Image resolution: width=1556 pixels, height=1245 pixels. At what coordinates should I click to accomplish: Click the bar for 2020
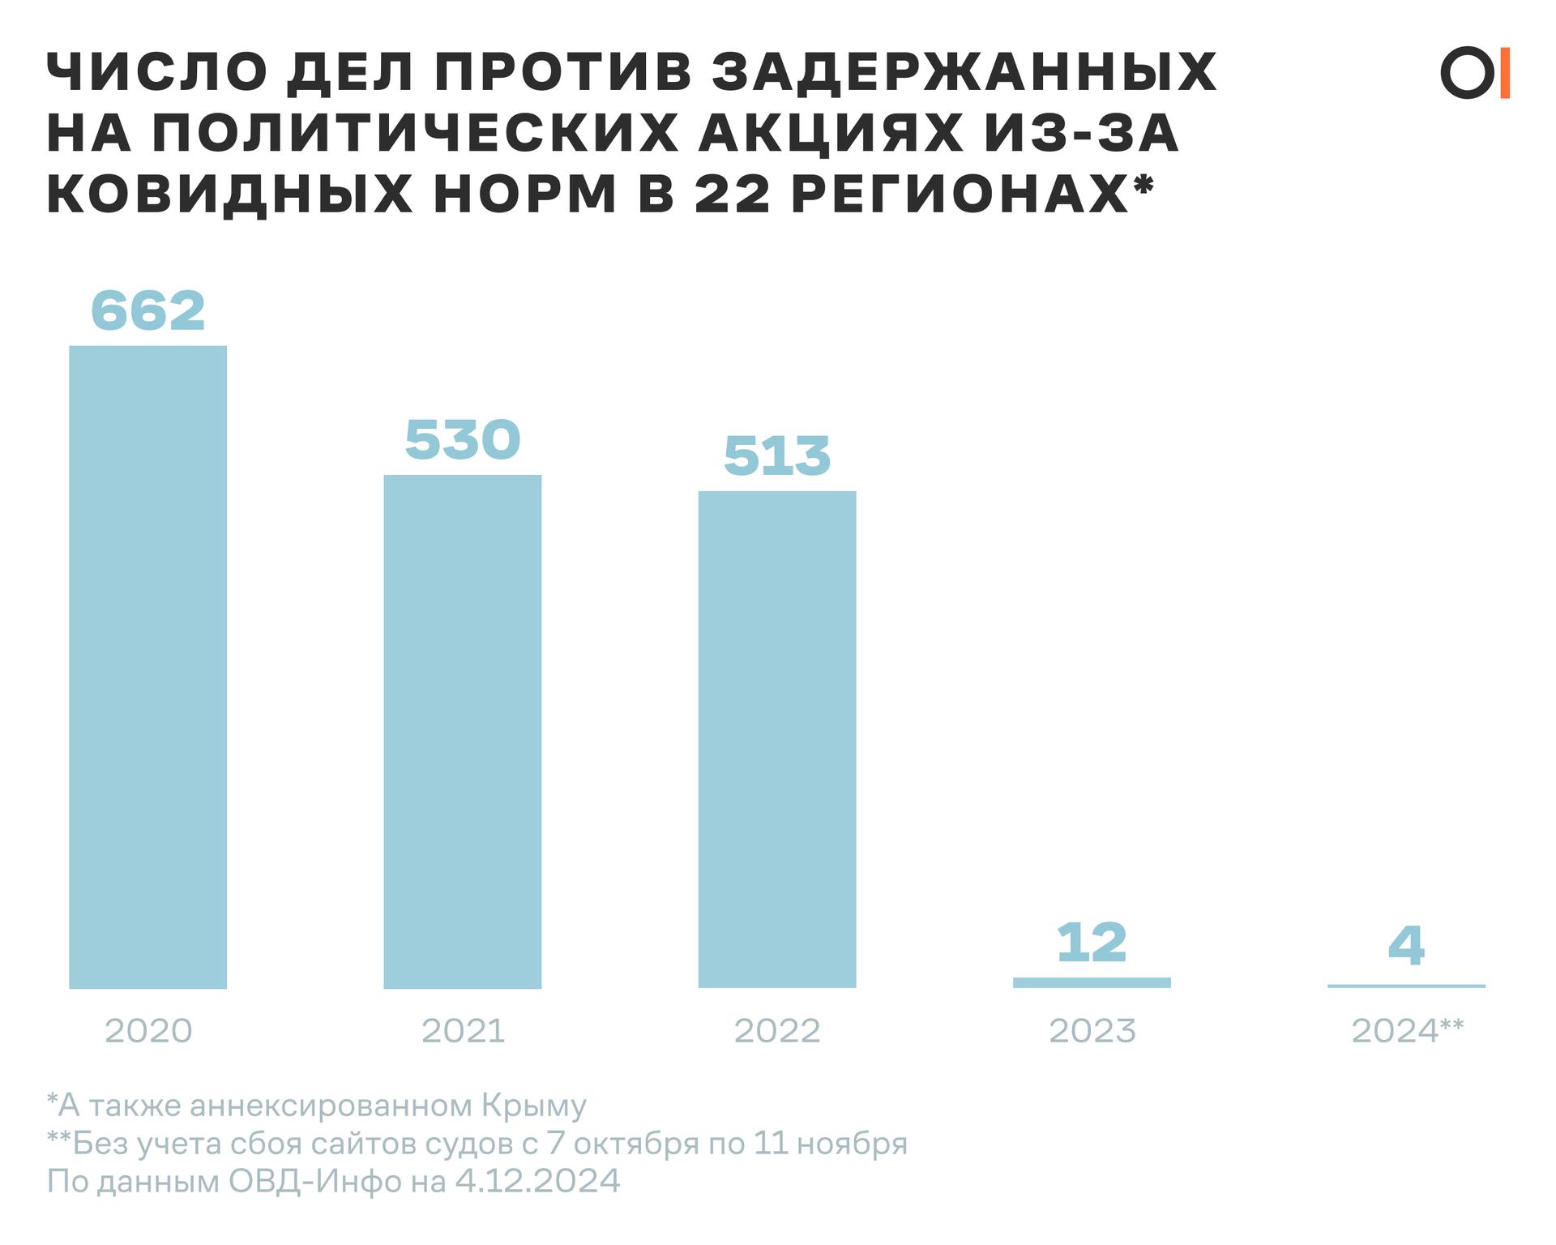[147, 666]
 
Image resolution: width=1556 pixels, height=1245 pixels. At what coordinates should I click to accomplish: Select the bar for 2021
[462, 731]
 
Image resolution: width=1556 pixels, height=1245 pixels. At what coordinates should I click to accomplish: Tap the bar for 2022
[776, 739]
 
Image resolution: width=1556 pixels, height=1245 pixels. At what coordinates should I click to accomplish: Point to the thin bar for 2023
[1091, 982]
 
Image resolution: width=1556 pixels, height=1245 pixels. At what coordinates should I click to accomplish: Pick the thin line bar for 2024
[1406, 986]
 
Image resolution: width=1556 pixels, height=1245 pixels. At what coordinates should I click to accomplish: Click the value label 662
[147, 310]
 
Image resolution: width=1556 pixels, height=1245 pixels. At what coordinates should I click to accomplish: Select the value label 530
[462, 440]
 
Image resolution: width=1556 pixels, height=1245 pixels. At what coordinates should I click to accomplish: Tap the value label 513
[776, 456]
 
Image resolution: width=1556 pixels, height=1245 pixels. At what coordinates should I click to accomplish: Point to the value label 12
[1091, 943]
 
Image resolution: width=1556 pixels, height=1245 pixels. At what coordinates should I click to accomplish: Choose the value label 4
[1406, 945]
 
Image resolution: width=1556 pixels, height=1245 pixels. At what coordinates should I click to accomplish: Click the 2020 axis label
[148, 1031]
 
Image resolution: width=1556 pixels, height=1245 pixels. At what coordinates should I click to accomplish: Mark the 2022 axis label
[776, 1031]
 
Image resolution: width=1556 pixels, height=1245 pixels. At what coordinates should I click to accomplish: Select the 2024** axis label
[1407, 1030]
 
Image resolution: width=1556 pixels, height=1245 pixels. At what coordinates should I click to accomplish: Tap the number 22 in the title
[732, 195]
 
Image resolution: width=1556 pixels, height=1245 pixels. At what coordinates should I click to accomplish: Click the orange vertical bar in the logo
[1505, 74]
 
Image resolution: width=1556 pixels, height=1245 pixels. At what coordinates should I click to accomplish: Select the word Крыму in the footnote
[533, 1106]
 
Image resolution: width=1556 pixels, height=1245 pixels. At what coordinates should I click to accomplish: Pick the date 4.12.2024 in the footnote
[537, 1181]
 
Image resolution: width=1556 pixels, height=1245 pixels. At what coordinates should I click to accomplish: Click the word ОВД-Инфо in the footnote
[314, 1181]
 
